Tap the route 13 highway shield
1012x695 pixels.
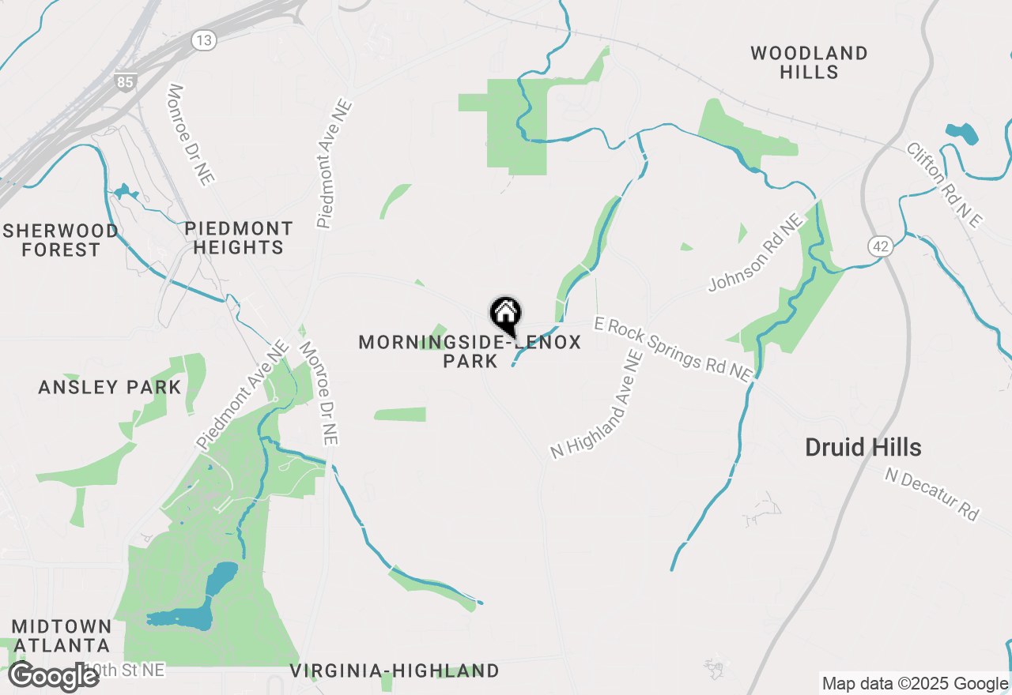tap(204, 40)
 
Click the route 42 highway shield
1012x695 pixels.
tap(881, 246)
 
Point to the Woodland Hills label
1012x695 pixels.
tap(809, 62)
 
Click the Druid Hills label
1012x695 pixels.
tap(863, 448)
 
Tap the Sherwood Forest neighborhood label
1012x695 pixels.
tap(61, 240)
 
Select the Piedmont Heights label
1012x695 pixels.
tap(238, 238)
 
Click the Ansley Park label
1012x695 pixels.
tap(110, 388)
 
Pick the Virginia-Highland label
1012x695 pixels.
tap(394, 671)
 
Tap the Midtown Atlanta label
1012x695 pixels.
tap(61, 636)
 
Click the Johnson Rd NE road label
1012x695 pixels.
tap(756, 252)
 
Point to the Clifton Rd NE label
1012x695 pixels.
tap(942, 185)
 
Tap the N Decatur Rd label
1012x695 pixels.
tap(931, 494)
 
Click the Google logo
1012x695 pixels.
tap(54, 677)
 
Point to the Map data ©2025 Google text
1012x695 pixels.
tap(915, 684)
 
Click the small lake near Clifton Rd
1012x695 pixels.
tap(961, 133)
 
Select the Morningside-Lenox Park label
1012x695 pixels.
tap(470, 351)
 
